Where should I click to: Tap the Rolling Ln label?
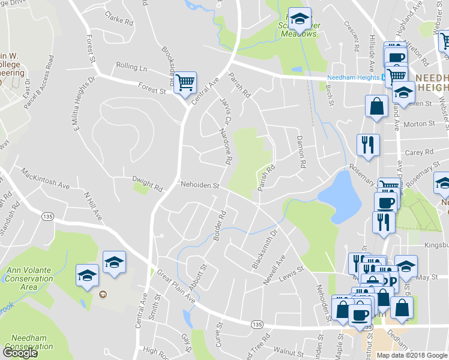(x=131, y=67)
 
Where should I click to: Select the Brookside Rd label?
(x=167, y=64)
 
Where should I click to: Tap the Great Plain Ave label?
(x=176, y=286)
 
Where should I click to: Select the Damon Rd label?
(x=301, y=152)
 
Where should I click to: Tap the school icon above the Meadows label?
(x=298, y=19)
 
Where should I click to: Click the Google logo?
(x=20, y=352)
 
